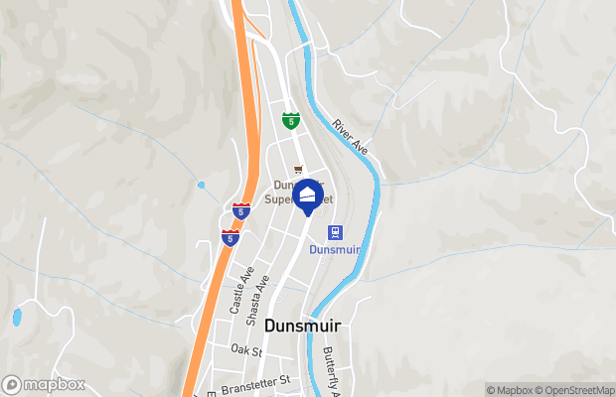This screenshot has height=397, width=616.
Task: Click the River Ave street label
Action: pos(351,137)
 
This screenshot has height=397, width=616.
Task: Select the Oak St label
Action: pos(245,350)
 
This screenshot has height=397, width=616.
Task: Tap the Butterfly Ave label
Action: pos(332,372)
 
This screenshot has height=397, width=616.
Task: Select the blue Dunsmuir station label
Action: pos(334,250)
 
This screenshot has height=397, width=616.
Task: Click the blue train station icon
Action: pos(336,232)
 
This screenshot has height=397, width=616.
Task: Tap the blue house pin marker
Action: pos(310,195)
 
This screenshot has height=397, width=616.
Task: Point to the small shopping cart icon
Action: pos(297,170)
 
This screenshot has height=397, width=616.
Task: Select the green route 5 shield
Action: pos(289,121)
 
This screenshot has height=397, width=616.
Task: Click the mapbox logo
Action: pos(45,384)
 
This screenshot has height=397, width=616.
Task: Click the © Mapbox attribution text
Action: pos(509,390)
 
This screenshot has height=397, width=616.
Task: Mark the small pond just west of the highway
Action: pos(202,185)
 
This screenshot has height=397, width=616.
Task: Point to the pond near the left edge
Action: pos(17,318)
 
